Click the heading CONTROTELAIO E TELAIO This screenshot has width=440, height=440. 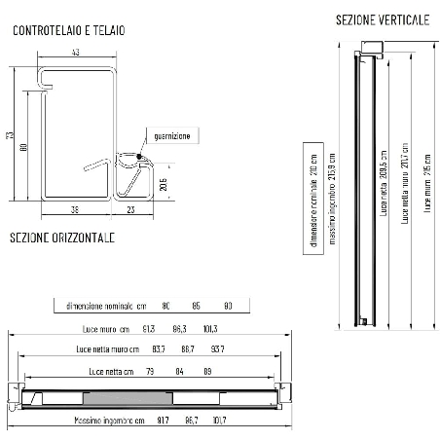(x=67, y=30)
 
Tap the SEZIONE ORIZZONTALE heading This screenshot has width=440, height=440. (x=62, y=238)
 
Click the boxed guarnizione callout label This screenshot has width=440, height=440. (x=171, y=135)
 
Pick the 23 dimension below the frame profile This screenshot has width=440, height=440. (x=131, y=207)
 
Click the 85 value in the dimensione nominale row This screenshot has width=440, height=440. (x=197, y=306)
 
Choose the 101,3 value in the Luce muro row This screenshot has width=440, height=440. (x=209, y=328)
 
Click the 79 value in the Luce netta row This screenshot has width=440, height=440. (x=150, y=372)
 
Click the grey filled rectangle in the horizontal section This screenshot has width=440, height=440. (x=128, y=397)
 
